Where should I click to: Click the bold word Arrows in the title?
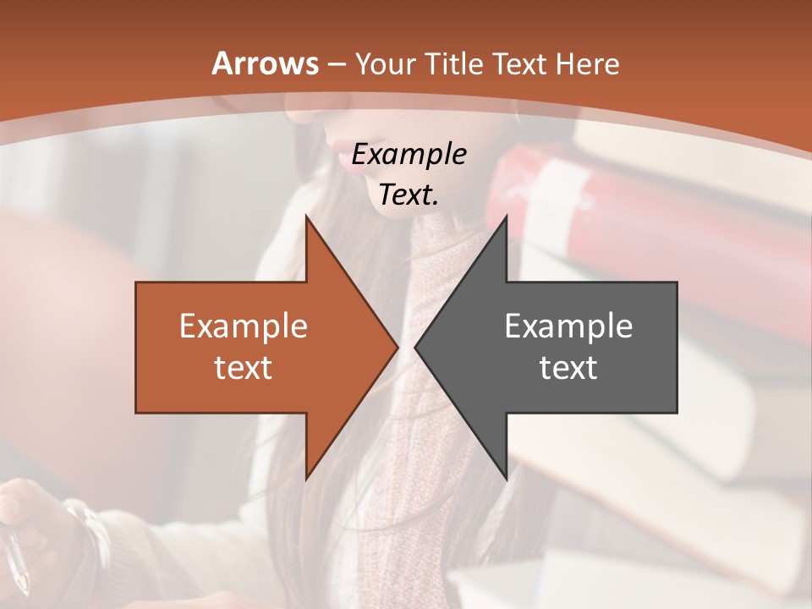(x=265, y=63)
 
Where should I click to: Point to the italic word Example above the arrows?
(x=409, y=155)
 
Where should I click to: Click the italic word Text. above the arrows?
(x=409, y=195)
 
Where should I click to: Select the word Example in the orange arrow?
(x=243, y=326)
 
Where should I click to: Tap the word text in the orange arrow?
(x=243, y=367)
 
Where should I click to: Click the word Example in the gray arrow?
(x=568, y=326)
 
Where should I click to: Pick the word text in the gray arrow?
(x=568, y=367)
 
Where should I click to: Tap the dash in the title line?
(x=336, y=65)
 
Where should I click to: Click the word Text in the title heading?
(x=522, y=63)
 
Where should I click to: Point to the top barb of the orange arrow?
(x=308, y=222)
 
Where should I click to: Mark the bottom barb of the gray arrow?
(x=505, y=474)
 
